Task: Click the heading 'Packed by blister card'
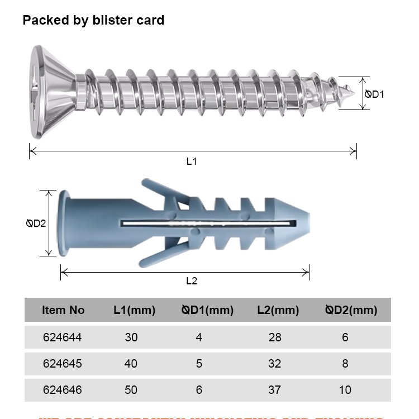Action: tap(93, 21)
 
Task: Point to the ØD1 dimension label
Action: tap(375, 94)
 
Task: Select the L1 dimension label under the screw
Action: tap(192, 161)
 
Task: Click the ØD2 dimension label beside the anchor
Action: tap(36, 223)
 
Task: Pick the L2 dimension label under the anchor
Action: tap(192, 281)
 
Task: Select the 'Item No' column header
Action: tap(63, 310)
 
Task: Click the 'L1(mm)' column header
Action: tap(134, 310)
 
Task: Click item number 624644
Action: tap(63, 337)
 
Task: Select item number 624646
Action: tap(63, 389)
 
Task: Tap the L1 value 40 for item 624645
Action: tap(131, 364)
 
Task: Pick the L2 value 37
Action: tap(274, 389)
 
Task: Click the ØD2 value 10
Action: tap(345, 389)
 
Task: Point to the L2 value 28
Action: tap(274, 337)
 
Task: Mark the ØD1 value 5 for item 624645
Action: tap(199, 364)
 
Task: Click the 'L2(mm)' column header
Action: tap(278, 310)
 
